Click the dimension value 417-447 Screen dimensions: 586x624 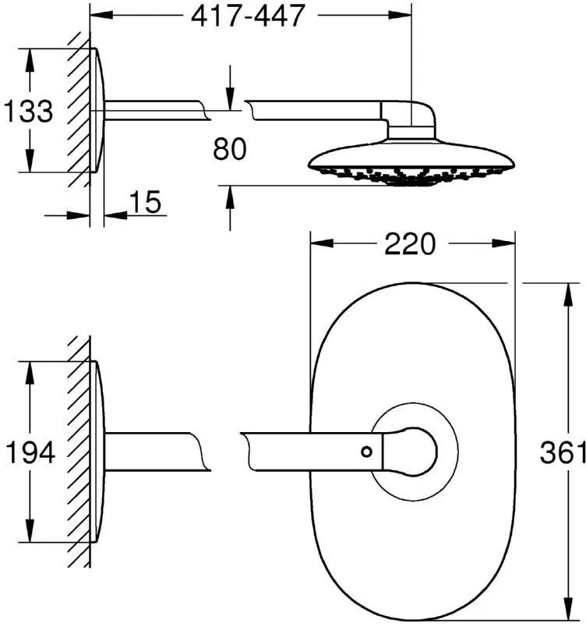pos(247,16)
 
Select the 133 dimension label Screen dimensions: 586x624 pos(28,111)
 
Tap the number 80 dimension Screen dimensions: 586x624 pos(229,149)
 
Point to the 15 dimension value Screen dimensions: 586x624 pos(146,202)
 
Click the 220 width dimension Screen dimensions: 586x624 pos(410,243)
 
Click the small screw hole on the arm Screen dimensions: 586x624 pos(366,452)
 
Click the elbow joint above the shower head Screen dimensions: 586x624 pos(409,119)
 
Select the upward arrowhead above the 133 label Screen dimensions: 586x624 pos(29,61)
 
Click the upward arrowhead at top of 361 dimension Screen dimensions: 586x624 pos(570,295)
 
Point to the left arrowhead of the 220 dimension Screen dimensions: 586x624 pos(322,243)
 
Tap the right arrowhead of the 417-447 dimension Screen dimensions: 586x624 pos(400,15)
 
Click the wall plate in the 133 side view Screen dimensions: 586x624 pos(98,111)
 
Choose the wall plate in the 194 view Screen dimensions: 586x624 pos(98,452)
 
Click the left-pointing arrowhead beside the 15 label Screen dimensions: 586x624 pos(115,215)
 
